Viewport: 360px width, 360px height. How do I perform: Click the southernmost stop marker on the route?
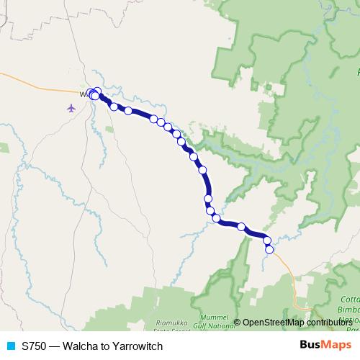(x=269, y=250)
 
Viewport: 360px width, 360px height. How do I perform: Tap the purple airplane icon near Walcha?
(x=71, y=108)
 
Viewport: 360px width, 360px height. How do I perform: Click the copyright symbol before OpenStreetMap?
(x=237, y=323)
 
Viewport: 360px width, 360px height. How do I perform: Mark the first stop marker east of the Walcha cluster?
(x=114, y=107)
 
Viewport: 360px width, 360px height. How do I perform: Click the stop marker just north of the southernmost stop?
(x=266, y=240)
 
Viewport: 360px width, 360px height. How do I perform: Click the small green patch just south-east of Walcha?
(x=109, y=128)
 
